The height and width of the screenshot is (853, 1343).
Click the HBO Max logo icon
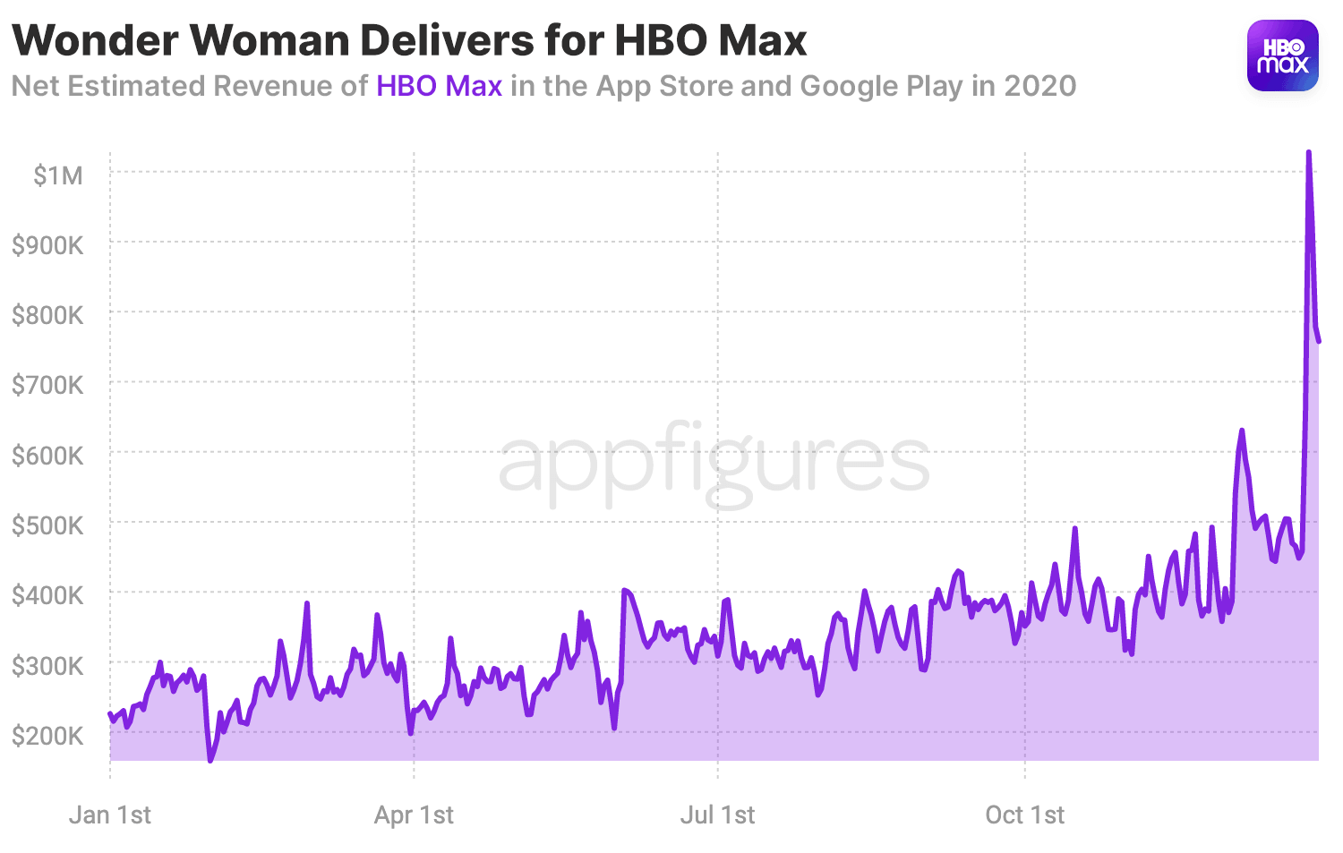pos(1282,55)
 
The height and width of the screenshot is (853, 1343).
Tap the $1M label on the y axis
pos(58,175)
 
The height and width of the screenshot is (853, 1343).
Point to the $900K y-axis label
pos(47,245)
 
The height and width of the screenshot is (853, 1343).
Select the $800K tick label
pos(47,315)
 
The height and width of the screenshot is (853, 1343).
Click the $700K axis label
pos(47,385)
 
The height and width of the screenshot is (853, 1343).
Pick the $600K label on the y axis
pos(47,456)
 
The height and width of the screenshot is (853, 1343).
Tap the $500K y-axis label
pos(47,525)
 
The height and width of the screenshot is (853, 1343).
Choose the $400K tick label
pos(47,595)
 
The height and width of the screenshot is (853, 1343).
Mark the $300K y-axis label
pos(47,666)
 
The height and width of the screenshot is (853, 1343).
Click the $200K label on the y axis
pos(47,736)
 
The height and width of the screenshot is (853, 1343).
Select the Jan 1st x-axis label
pos(110,815)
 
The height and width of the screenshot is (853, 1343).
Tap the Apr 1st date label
pos(414,815)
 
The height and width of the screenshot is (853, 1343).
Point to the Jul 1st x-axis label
pos(717,815)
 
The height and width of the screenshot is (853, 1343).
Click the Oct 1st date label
pos(1024,815)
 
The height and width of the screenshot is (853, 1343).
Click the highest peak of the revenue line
pos(1308,153)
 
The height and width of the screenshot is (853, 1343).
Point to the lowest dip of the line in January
pos(210,760)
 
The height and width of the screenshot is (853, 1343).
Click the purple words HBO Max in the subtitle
pos(439,86)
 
